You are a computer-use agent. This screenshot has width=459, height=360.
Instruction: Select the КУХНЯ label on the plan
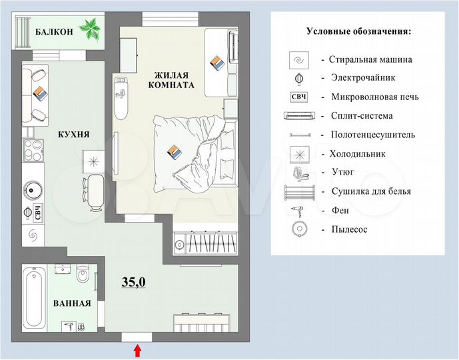click(x=74, y=135)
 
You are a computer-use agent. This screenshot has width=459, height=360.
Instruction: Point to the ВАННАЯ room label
click(x=72, y=304)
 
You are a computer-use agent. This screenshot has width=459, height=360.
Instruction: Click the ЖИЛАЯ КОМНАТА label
click(x=171, y=80)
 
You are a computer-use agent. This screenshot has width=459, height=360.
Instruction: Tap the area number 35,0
click(x=133, y=282)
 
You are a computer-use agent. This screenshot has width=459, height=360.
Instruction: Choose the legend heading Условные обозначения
click(x=358, y=31)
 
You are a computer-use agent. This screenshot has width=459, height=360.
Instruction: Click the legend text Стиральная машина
click(x=371, y=59)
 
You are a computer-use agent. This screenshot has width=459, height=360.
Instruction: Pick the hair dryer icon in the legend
click(x=297, y=210)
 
